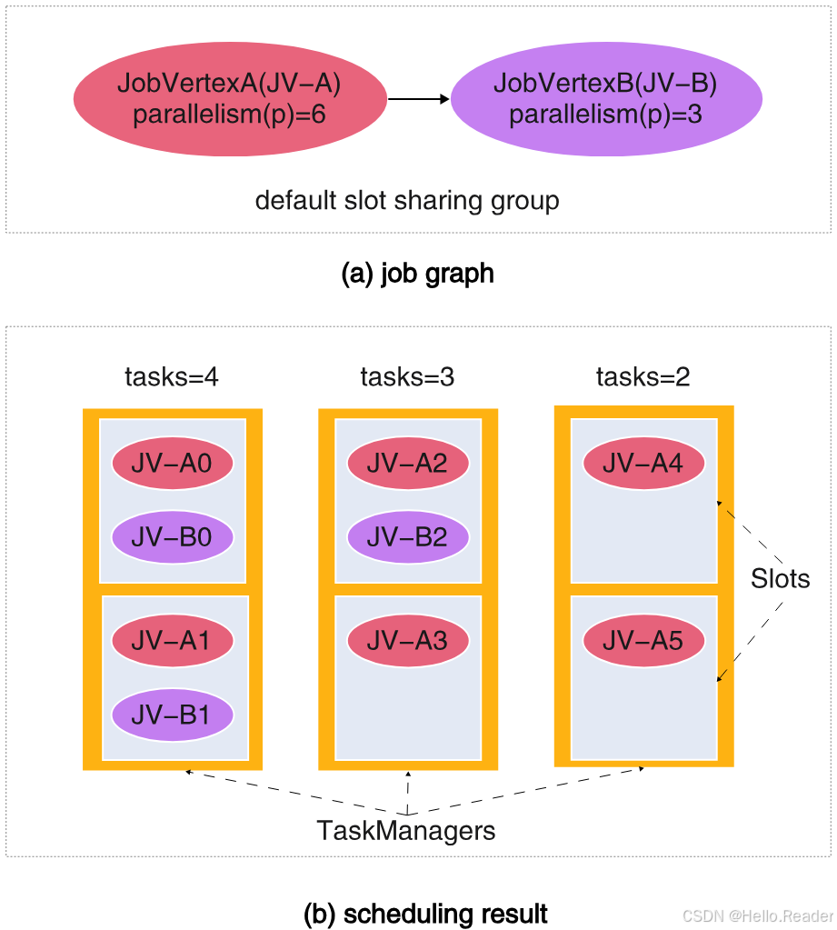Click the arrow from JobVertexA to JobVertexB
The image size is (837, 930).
coord(418,98)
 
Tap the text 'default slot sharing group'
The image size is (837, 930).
coord(407,200)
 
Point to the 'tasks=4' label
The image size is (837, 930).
coord(172,376)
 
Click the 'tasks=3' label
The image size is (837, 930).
coord(407,376)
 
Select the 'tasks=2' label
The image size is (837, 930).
coord(643,376)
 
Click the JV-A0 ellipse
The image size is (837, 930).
coord(173,465)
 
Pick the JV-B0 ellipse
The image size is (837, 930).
coord(173,536)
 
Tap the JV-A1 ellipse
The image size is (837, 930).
coord(173,641)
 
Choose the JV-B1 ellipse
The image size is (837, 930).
coord(173,715)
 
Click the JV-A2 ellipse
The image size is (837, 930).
coord(408,464)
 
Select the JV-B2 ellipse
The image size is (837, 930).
coord(408,536)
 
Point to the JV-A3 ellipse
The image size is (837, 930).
coord(408,641)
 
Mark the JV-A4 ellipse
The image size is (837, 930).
coord(643,464)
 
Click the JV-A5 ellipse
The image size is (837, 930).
coord(643,641)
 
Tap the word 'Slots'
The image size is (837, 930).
coord(780,578)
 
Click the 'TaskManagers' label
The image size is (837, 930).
coord(406,830)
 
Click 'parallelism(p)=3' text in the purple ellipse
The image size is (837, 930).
coord(606,115)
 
